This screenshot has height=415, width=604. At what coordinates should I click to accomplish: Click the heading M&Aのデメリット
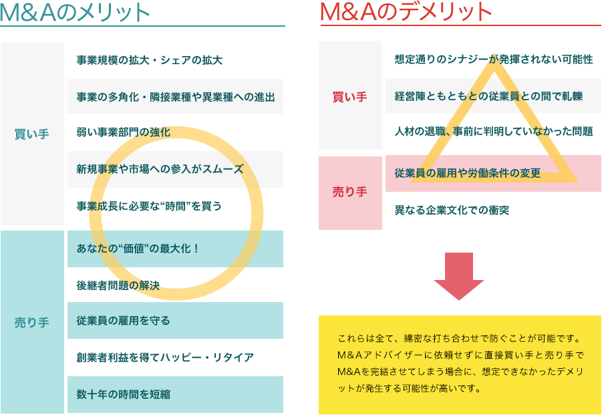tap(406, 11)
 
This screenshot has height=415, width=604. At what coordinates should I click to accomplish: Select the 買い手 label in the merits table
tap(32, 134)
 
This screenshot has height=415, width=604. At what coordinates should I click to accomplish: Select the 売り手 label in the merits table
tap(32, 322)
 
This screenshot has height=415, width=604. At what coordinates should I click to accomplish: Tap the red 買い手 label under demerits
tap(350, 96)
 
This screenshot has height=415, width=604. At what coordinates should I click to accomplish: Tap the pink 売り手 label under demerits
tap(350, 192)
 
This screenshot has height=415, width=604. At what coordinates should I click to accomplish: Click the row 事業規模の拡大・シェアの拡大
tap(150, 60)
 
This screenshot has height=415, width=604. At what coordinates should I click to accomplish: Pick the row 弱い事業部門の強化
tap(124, 132)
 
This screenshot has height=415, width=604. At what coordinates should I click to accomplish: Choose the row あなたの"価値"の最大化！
tap(138, 249)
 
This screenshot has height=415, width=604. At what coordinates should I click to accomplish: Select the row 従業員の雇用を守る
tap(124, 321)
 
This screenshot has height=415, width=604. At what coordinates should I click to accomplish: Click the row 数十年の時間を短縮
tap(124, 394)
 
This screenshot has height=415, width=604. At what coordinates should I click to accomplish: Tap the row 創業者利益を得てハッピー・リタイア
tap(165, 358)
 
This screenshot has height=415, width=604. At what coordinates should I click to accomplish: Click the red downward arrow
tap(458, 275)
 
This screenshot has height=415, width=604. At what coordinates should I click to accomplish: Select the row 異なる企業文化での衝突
tap(452, 210)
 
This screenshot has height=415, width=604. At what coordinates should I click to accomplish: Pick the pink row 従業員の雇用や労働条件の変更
tap(468, 174)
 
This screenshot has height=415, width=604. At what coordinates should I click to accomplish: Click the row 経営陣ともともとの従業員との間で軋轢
tap(488, 96)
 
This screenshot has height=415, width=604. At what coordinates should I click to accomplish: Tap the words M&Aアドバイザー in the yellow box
tap(374, 354)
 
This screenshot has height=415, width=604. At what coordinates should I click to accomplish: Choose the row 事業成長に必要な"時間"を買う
tap(149, 206)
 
